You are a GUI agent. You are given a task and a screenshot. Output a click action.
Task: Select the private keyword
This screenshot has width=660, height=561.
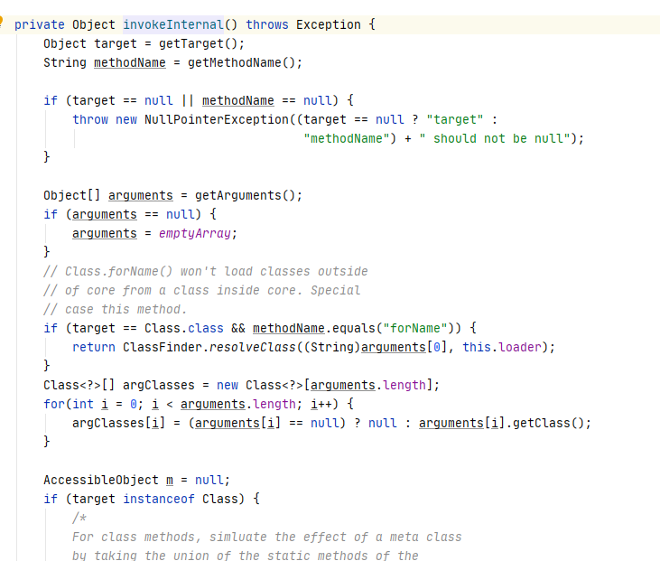pyautogui.click(x=39, y=24)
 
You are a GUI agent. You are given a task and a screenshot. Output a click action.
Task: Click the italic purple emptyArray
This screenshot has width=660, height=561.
pyautogui.click(x=197, y=233)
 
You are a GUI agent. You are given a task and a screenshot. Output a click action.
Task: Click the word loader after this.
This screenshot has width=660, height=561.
pyautogui.click(x=521, y=347)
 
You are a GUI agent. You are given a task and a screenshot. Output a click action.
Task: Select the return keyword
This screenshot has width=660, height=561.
pyautogui.click(x=94, y=347)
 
